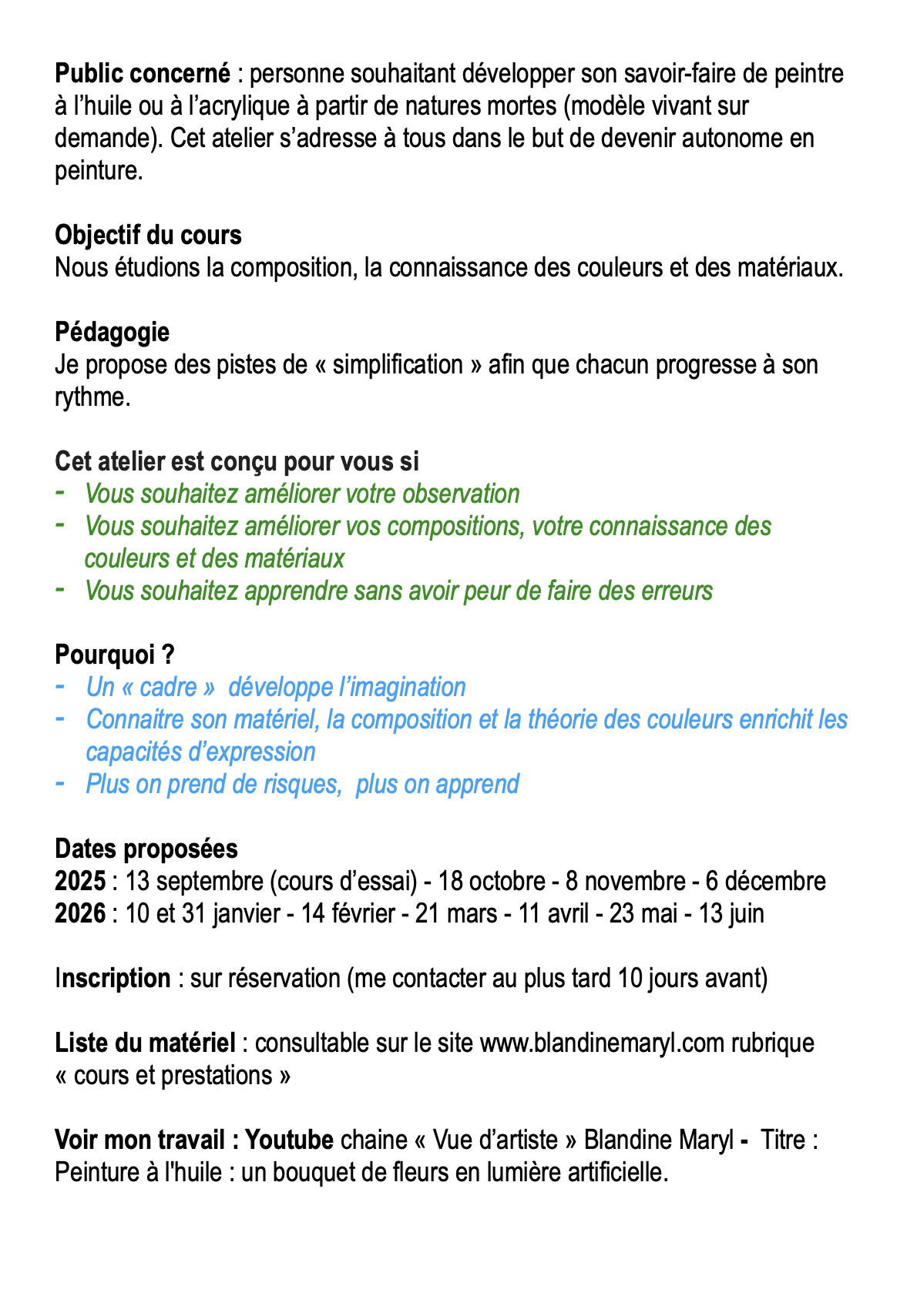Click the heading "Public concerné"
pos(143,74)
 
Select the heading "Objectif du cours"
pos(148,235)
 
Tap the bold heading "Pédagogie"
pos(113,332)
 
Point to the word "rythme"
pos(88,397)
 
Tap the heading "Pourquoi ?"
pos(115,655)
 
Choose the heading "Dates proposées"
pos(146,849)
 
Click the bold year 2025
pos(80,881)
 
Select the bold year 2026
pos(80,913)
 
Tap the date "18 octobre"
pos(492,881)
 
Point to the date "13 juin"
pos(731,913)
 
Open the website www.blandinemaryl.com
pos(602,1043)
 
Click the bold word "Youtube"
pos(289,1140)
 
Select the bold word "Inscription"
pos(113,978)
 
